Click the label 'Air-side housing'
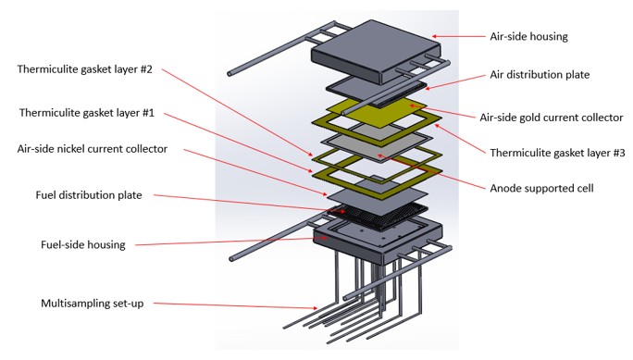coord(528,37)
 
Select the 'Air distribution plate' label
coord(540,75)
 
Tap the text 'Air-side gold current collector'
coord(551,118)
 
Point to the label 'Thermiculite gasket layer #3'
coord(557,153)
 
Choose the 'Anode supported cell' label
coord(541,189)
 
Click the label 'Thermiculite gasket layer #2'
coord(85,69)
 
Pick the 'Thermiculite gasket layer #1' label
coord(87,113)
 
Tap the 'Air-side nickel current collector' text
coord(92,149)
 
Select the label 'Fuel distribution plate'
coord(89,195)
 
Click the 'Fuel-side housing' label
coord(83,244)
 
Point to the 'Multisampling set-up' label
coord(92,304)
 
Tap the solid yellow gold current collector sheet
coord(378,110)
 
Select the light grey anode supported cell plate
coord(377,147)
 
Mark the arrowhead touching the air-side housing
coord(435,36)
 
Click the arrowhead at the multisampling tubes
coord(314,308)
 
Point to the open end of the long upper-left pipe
coord(230,74)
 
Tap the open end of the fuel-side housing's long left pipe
coord(231,259)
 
